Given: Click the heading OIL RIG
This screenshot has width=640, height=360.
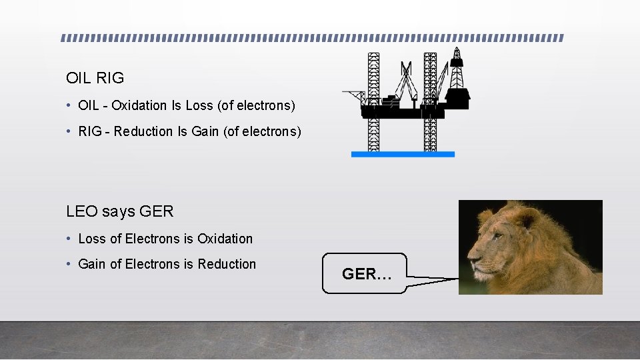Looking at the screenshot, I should tap(95, 78).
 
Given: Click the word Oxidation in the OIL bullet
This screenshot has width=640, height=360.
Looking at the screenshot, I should tap(139, 105).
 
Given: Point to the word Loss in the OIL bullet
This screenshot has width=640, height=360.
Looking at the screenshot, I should tap(199, 105).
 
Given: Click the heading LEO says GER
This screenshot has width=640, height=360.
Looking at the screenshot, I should tap(119, 212).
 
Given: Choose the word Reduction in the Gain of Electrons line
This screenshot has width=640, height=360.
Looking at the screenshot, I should tap(227, 264).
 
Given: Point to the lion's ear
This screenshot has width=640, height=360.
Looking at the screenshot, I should tap(526, 220).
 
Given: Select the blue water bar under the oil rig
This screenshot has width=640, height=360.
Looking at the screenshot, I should tap(403, 154).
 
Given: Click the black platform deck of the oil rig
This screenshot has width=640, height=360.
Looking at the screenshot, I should tap(393, 112).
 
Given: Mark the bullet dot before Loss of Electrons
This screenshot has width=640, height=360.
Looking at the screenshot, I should tap(69, 239).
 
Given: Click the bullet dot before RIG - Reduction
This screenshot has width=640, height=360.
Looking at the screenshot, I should tap(69, 132).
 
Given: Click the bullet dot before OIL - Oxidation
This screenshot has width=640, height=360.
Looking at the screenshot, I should tap(69, 106).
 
